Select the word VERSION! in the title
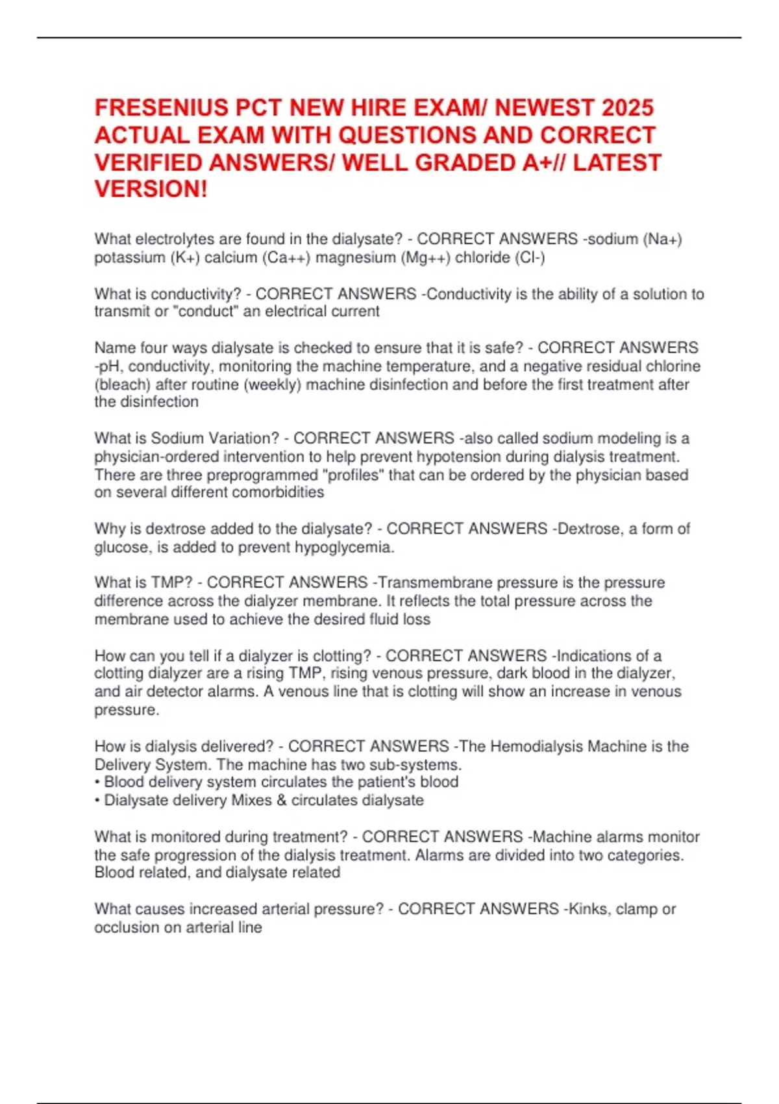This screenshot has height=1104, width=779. (151, 190)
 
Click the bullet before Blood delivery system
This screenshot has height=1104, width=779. (97, 782)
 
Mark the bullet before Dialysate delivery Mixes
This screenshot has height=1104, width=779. (97, 800)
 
